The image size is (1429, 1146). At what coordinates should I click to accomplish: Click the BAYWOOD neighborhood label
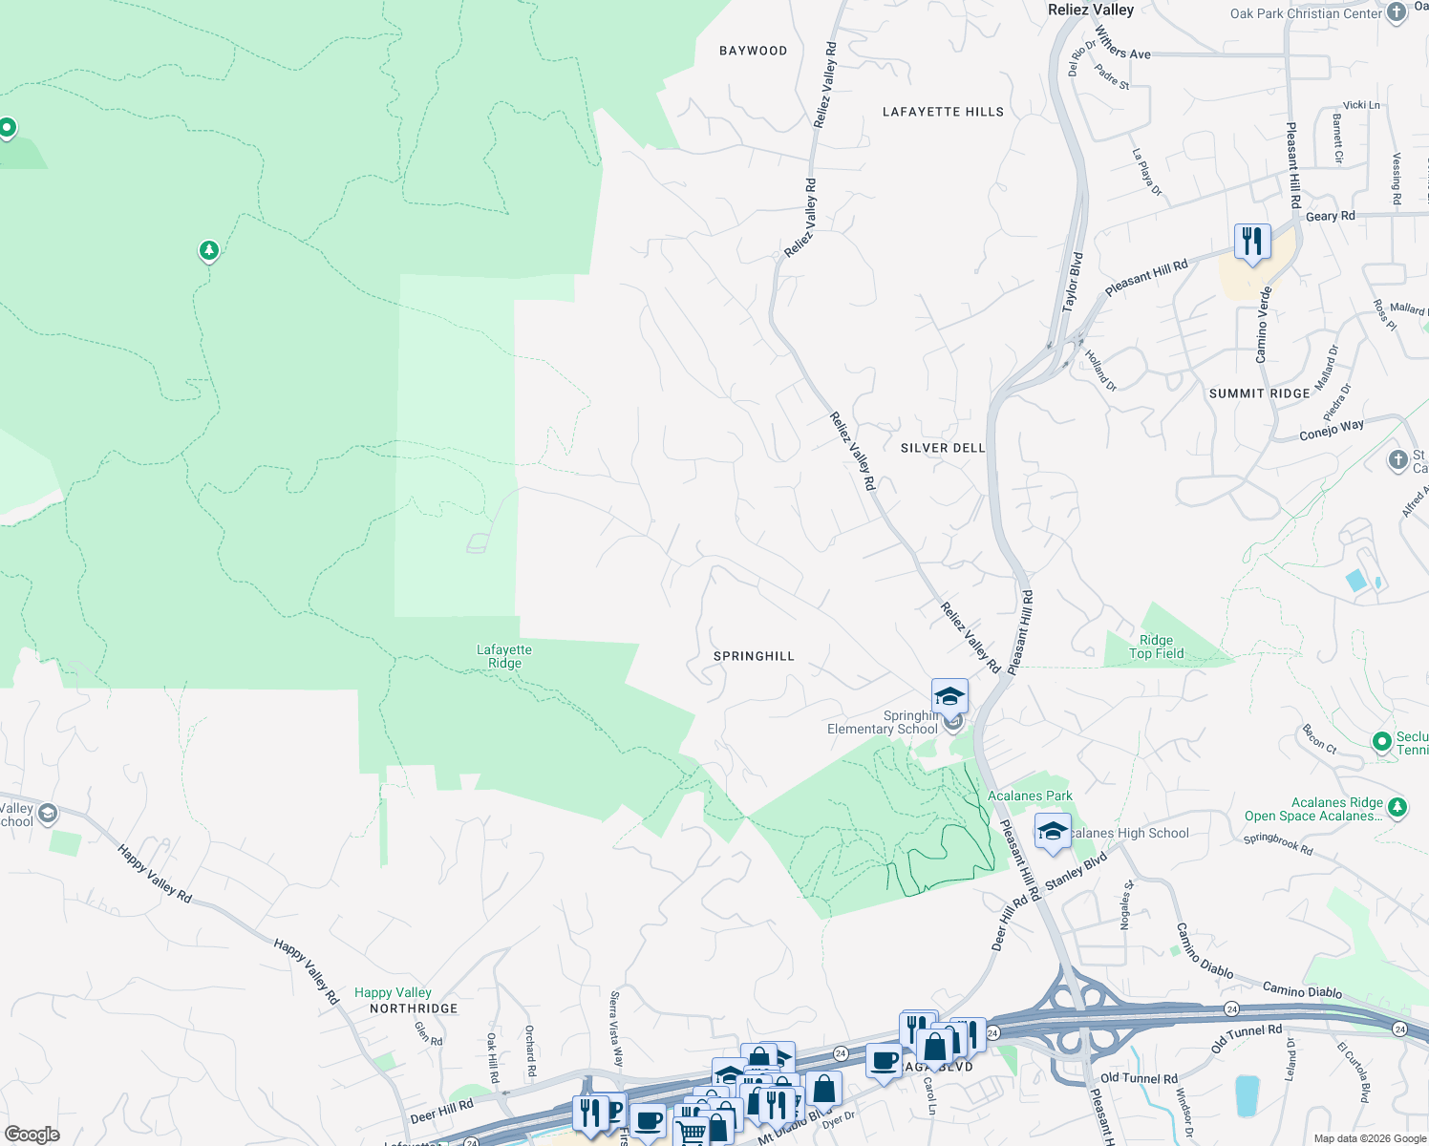click(753, 51)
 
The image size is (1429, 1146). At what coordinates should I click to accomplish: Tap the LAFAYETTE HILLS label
click(943, 112)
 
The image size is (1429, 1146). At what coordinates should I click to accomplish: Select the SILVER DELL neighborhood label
click(942, 448)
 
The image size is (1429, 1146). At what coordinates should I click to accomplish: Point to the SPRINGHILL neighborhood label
click(754, 656)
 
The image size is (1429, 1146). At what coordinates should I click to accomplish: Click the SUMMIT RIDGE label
click(1259, 393)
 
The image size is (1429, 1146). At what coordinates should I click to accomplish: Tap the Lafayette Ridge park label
click(504, 656)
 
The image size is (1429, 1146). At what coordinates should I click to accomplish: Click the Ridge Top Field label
click(1156, 647)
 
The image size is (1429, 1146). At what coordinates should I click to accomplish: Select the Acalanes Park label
click(1030, 796)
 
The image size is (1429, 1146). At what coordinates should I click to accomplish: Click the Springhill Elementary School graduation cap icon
click(949, 696)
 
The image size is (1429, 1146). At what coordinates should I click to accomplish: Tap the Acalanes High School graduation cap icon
click(1053, 831)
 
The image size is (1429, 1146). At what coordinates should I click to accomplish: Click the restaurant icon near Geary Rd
click(1251, 241)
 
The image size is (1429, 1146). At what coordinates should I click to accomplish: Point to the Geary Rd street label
click(1330, 216)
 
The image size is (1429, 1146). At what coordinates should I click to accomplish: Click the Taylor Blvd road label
click(1073, 282)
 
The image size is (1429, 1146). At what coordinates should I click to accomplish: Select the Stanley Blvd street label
click(1076, 872)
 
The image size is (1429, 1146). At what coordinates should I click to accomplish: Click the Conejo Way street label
click(1332, 431)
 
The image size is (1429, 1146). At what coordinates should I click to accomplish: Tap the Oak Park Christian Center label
click(1306, 13)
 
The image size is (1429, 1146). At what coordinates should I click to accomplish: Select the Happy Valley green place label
click(393, 993)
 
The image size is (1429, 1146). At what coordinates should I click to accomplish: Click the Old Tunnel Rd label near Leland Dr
click(1247, 1037)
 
